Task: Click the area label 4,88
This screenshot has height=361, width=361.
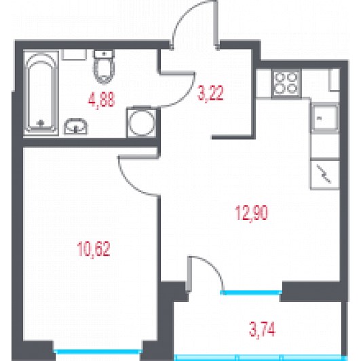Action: [101, 100]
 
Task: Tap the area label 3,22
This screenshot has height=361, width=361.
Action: [210, 93]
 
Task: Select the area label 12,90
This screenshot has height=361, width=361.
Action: [251, 213]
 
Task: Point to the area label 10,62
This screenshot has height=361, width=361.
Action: [94, 248]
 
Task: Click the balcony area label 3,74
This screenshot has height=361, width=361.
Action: [262, 329]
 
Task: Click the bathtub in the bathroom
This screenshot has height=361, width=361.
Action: [41, 92]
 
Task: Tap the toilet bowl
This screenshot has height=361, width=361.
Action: [104, 71]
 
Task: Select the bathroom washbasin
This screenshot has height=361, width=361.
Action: [76, 126]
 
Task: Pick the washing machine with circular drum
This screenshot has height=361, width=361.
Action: [141, 122]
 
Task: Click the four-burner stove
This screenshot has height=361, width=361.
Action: [286, 83]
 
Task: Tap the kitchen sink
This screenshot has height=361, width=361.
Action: [325, 119]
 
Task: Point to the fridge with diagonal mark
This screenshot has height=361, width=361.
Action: [325, 174]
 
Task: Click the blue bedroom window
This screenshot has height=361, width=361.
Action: [98, 351]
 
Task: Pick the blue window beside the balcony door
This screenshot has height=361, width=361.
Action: [251, 292]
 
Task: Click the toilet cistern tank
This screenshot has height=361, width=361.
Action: [104, 54]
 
